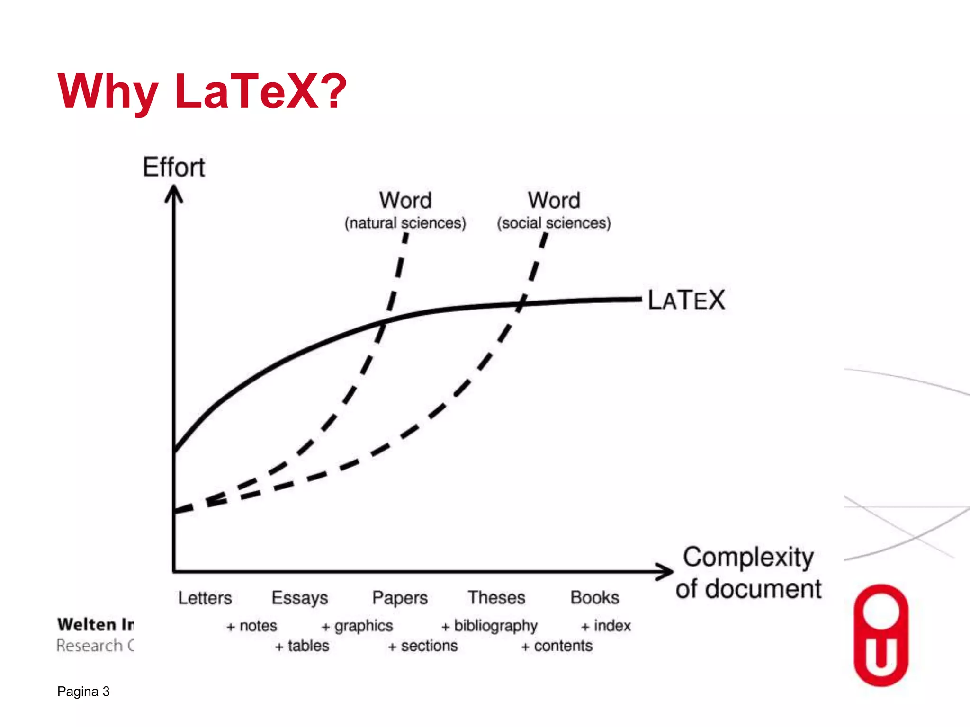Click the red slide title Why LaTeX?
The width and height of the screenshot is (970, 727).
[202, 91]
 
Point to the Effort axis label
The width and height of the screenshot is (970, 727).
[174, 167]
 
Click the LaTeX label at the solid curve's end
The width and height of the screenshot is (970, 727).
[686, 300]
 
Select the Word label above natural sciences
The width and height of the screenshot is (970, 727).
[405, 200]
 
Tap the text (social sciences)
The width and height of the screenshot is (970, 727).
[554, 223]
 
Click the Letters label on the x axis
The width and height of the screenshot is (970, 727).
[205, 598]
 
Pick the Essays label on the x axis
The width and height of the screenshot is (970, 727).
[300, 598]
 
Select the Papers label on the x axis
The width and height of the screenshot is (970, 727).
[400, 598]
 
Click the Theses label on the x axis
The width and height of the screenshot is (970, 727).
[496, 597]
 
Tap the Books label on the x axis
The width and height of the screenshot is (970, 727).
[595, 597]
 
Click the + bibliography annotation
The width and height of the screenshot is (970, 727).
[490, 626]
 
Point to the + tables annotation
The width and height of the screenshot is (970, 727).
[302, 646]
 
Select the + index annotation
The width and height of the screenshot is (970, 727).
[606, 626]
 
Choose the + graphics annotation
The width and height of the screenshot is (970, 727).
[358, 626]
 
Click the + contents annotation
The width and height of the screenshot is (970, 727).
[557, 646]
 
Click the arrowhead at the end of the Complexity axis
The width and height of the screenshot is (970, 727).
[665, 572]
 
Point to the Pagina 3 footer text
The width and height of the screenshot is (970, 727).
[83, 692]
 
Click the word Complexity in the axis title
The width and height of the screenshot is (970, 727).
[748, 557]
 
